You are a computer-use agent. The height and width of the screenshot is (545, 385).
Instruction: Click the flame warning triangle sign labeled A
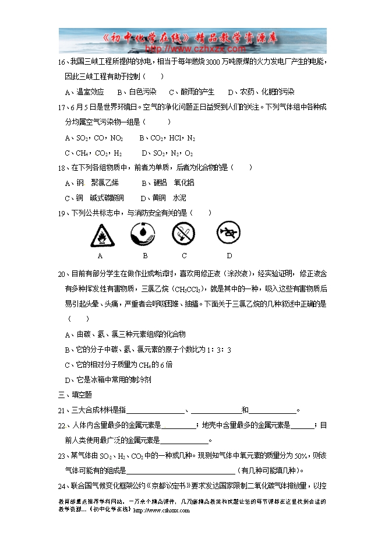coord(103,236)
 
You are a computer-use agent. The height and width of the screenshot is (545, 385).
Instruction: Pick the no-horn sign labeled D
coord(229,233)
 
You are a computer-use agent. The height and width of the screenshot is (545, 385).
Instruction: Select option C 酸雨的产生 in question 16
coord(192,92)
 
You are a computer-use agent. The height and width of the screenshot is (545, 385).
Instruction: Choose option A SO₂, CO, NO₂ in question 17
coord(94,138)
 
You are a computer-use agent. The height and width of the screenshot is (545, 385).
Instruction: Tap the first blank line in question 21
coord(156,410)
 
